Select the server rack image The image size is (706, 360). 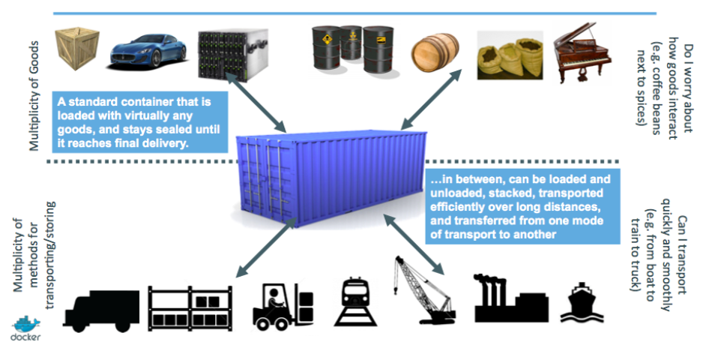click(232, 53)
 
